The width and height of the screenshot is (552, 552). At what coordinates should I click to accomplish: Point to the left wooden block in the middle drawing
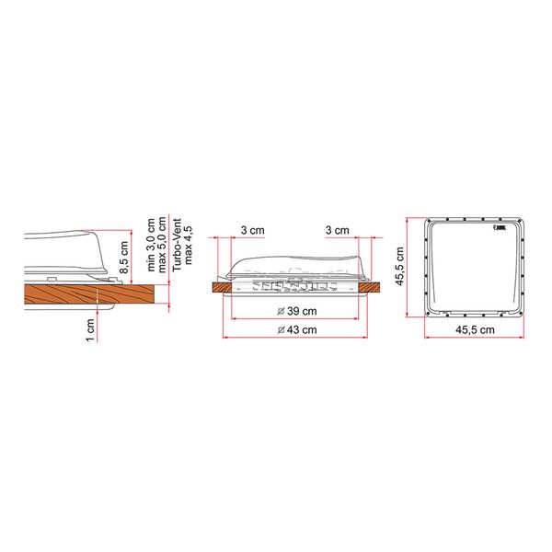tap(222, 289)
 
